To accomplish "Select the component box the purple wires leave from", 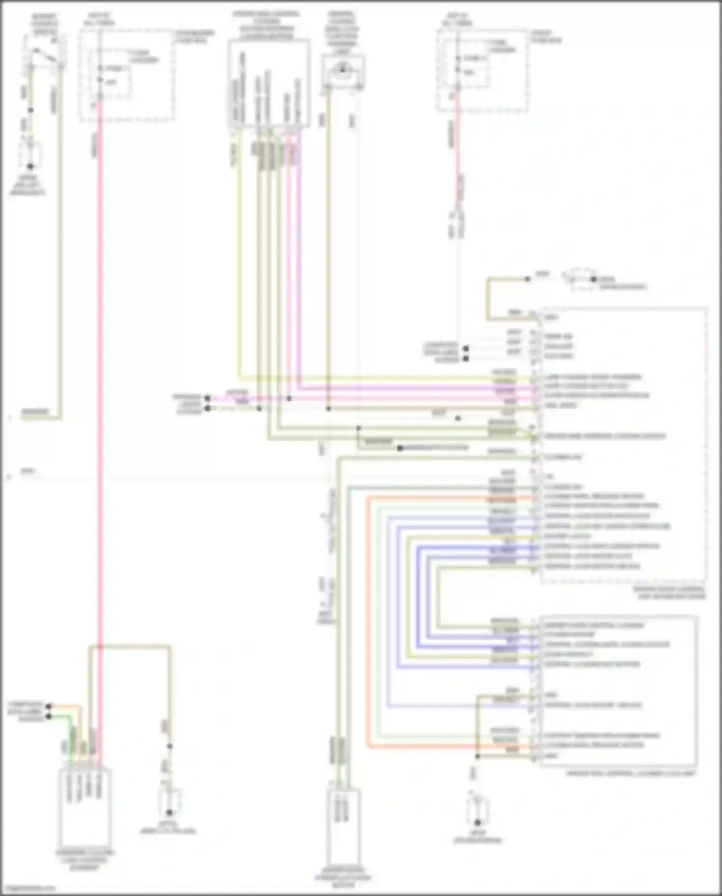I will tap(269, 84).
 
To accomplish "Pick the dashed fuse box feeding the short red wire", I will tap(483, 71).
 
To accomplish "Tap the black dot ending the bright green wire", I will tap(48, 716).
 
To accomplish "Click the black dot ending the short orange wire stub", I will tap(48, 706).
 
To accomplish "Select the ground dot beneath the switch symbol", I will tap(30, 166).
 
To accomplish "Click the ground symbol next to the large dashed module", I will tap(593, 279).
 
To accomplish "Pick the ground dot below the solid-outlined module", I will tap(477, 823).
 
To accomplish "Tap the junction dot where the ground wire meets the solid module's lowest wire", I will tap(477, 756).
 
